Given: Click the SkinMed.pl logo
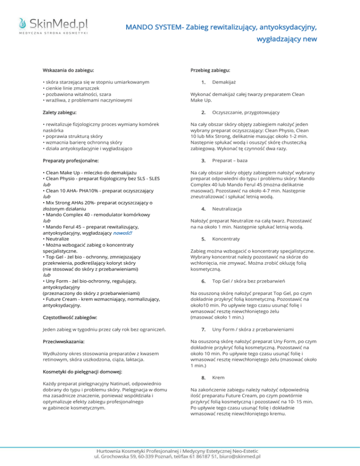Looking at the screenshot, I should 53,25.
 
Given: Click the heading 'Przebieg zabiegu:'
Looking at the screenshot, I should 210,70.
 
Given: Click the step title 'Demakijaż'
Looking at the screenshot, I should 222,83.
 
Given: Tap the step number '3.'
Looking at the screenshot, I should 203,161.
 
